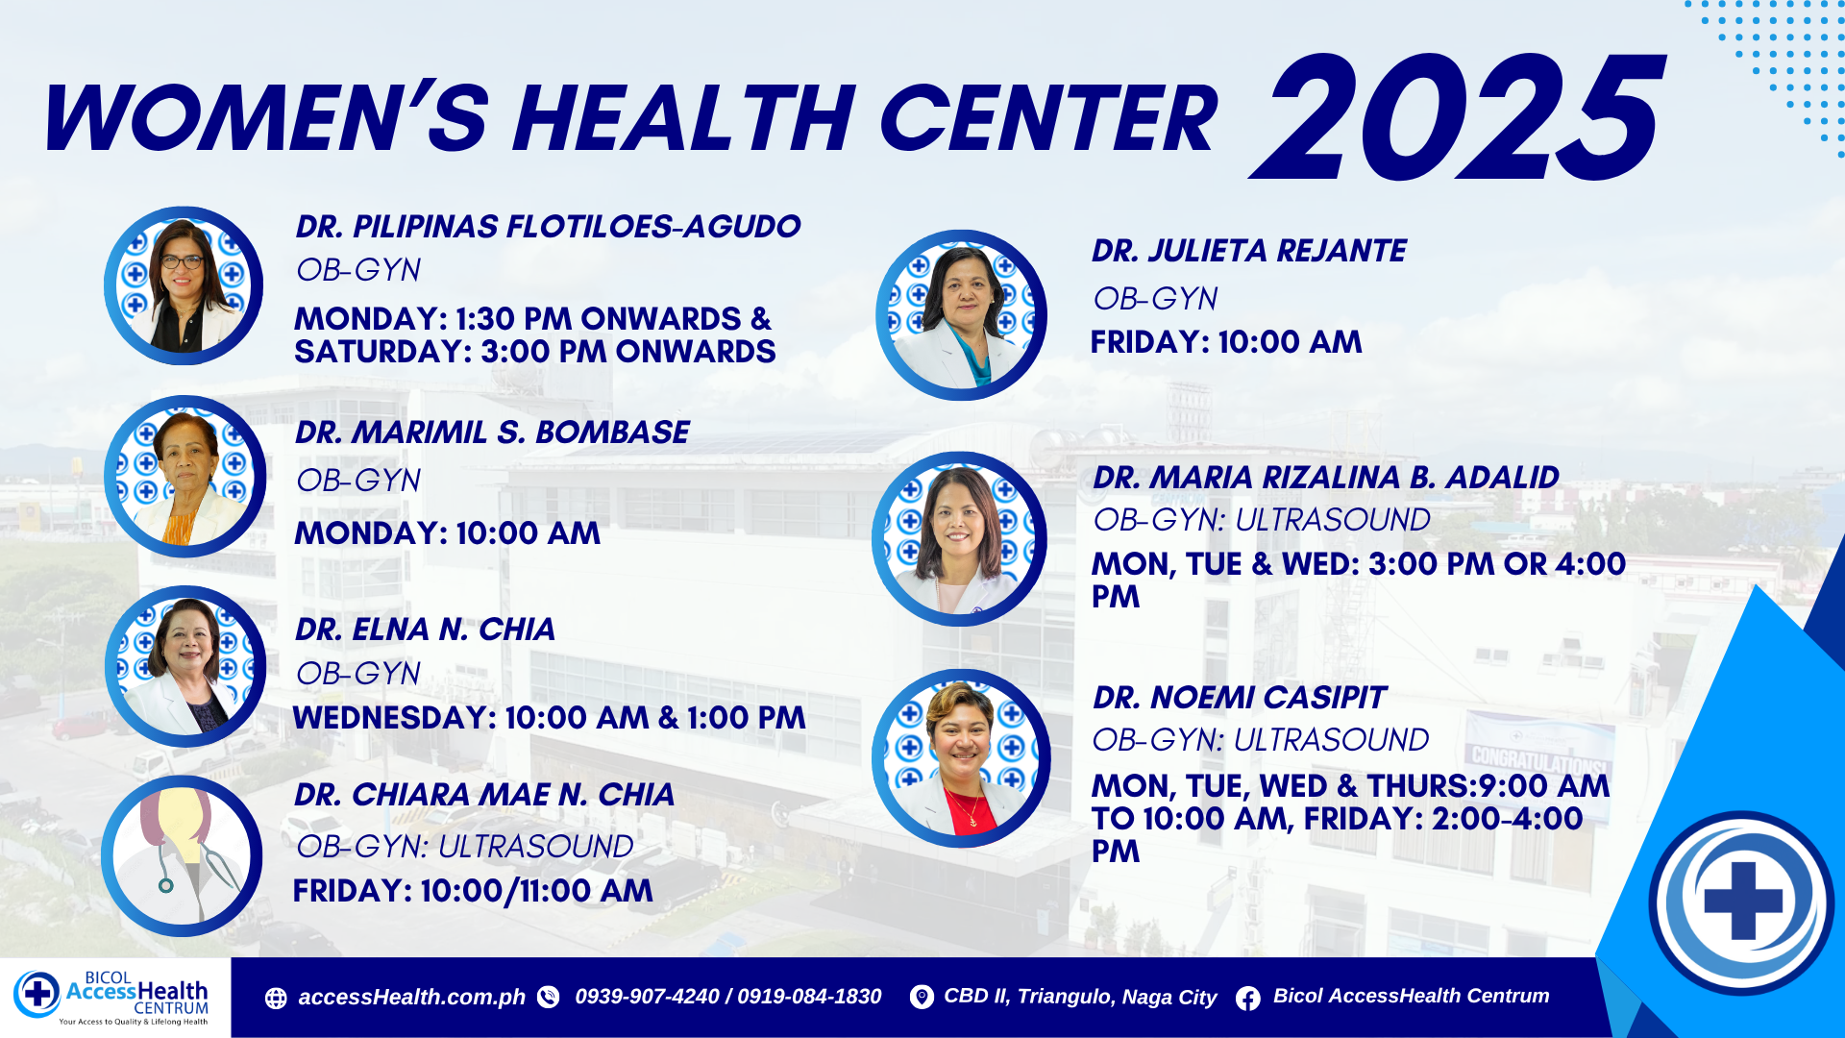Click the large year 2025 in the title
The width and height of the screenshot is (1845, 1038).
(x=1456, y=117)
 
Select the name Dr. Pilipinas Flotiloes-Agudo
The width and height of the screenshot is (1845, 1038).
(x=548, y=227)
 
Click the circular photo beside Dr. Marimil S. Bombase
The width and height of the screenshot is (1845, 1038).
(x=184, y=477)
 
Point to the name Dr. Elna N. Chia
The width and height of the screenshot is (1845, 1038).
(x=425, y=630)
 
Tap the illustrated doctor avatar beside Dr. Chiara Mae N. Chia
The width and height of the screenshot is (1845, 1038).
(x=182, y=855)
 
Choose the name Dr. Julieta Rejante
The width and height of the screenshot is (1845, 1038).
(x=1248, y=251)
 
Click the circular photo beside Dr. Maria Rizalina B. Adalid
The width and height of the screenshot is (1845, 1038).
(x=959, y=539)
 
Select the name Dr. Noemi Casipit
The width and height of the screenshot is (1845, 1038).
(x=1239, y=698)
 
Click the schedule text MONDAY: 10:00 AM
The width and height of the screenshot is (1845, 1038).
(x=447, y=533)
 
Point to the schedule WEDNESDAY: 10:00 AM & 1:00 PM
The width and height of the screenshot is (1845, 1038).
(x=549, y=718)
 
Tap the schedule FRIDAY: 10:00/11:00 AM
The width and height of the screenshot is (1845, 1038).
(x=473, y=891)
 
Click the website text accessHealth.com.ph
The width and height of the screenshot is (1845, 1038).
(x=411, y=998)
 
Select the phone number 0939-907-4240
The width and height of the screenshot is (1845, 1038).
(x=647, y=997)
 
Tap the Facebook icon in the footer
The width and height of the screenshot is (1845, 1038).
(x=1248, y=999)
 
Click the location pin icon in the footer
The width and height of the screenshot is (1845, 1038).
(x=921, y=998)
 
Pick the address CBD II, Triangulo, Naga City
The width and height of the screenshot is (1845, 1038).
(x=1080, y=997)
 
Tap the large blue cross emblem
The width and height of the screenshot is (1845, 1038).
(x=1742, y=902)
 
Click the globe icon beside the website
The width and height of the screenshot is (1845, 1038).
(x=276, y=999)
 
